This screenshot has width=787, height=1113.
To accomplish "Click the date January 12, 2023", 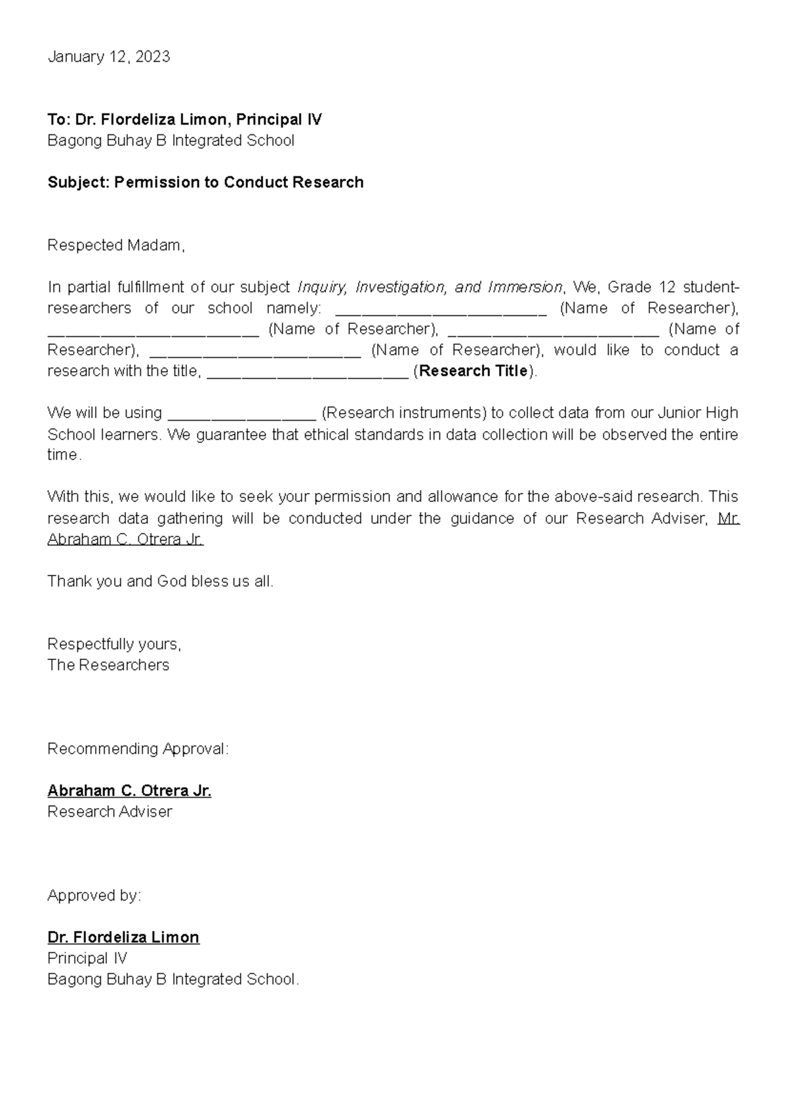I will [x=109, y=57].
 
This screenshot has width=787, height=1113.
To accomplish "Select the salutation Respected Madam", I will [x=116, y=245].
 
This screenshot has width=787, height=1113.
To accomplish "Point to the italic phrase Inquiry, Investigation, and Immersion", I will [x=430, y=287].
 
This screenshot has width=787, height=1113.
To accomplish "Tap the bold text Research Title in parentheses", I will [x=474, y=371].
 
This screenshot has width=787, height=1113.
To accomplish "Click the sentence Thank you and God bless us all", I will [x=160, y=581].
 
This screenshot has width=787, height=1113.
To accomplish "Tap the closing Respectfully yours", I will [x=114, y=644].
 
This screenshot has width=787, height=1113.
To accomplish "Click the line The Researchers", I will [x=108, y=665].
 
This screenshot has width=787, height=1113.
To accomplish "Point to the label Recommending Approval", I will [x=138, y=749].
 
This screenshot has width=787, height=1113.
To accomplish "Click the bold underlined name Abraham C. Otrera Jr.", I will [x=129, y=791].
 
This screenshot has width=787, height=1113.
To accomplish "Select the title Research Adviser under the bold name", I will [x=110, y=811].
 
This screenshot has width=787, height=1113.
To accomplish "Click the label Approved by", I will [x=94, y=895].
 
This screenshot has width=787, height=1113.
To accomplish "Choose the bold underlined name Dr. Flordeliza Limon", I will [x=123, y=937].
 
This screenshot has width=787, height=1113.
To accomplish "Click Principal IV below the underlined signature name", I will [x=87, y=958].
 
